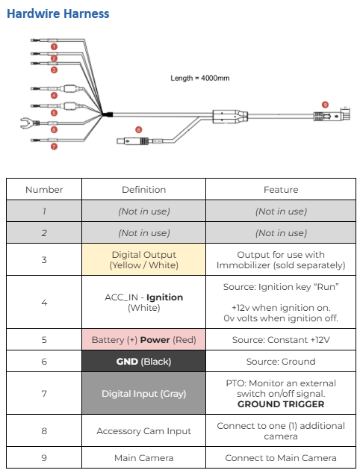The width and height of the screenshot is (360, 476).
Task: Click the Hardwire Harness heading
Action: pyautogui.click(x=58, y=13)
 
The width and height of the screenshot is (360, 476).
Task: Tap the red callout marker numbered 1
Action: pyautogui.click(x=54, y=47)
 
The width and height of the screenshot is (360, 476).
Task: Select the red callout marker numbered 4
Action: pyautogui.click(x=54, y=96)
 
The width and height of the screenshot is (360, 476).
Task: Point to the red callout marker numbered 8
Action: pyautogui.click(x=138, y=129)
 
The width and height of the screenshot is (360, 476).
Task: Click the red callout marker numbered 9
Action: pyautogui.click(x=325, y=105)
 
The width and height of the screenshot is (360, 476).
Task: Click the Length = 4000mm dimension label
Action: pyautogui.click(x=199, y=78)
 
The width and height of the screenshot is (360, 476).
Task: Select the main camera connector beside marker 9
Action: pyautogui.click(x=332, y=115)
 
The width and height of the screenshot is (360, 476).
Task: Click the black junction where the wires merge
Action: pyautogui.click(x=108, y=115)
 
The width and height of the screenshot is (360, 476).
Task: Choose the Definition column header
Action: pyautogui.click(x=144, y=190)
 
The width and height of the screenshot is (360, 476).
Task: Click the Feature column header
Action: pyautogui.click(x=281, y=190)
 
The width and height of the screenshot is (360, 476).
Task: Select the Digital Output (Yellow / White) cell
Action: pyautogui.click(x=144, y=260)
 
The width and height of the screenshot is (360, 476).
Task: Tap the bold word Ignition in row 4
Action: pyautogui.click(x=164, y=297)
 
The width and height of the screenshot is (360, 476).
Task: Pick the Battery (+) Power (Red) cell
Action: pyautogui.click(x=144, y=340)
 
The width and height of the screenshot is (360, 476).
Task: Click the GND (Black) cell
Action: pyautogui.click(x=144, y=362)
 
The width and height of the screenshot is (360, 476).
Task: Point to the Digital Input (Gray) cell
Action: pyautogui.click(x=144, y=394)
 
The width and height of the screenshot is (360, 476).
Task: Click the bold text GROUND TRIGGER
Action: pyautogui.click(x=281, y=404)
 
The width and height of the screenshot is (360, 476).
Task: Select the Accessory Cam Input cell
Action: pyautogui.click(x=144, y=431)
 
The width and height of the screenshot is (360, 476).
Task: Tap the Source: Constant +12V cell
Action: pyautogui.click(x=281, y=340)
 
